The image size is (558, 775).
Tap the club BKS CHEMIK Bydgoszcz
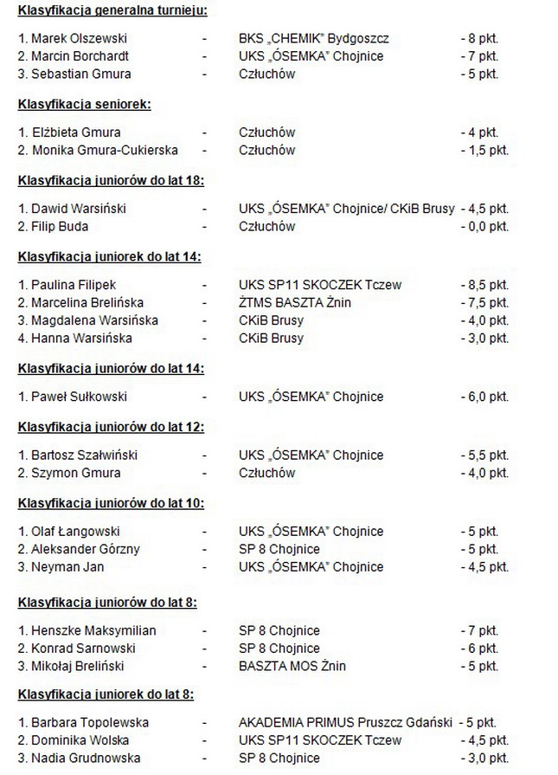click(314, 39)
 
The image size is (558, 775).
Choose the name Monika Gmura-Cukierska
click(98, 150)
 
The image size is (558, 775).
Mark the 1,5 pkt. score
click(484, 150)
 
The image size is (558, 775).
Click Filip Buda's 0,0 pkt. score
click(484, 226)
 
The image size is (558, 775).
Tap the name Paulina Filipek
click(67, 285)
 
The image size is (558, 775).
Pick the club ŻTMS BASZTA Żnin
click(295, 302)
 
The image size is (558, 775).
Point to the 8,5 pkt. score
click(484, 285)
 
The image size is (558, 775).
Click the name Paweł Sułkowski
click(73, 397)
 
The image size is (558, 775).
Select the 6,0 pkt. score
click(484, 397)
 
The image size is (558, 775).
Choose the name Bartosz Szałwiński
click(79, 455)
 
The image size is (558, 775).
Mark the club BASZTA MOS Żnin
click(292, 666)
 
